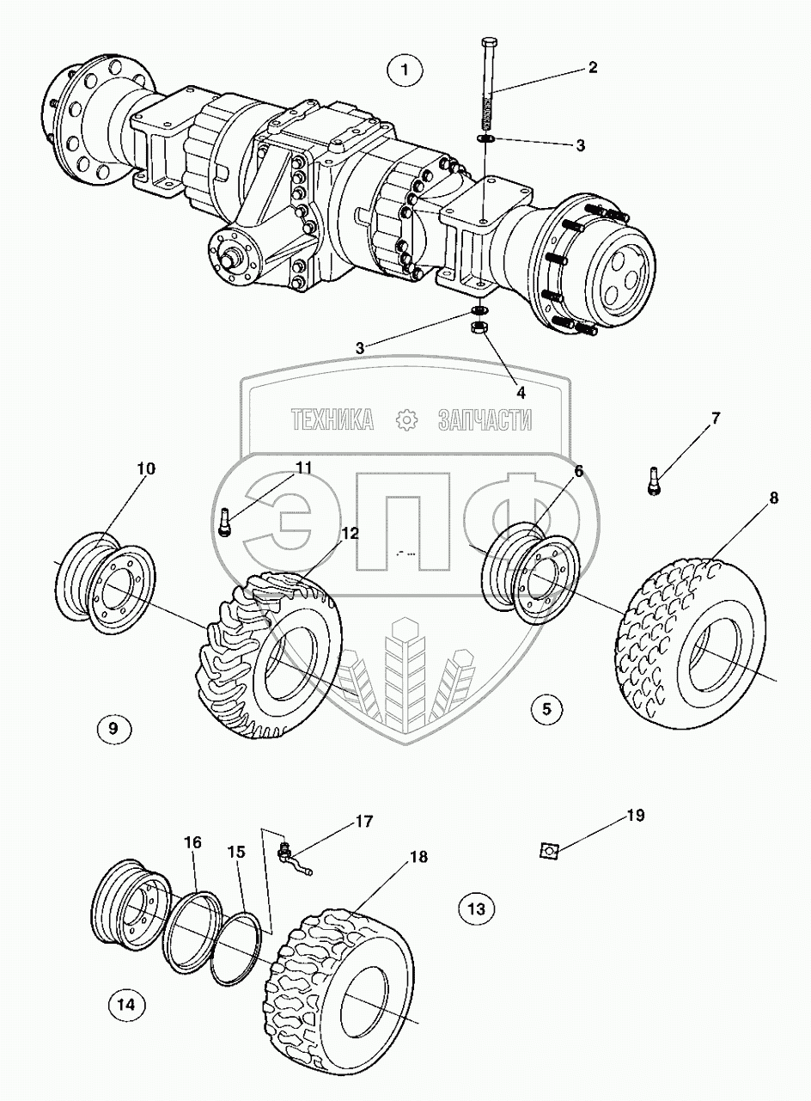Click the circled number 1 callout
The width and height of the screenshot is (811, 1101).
(x=405, y=70)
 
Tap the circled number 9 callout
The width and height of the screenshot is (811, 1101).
(x=114, y=729)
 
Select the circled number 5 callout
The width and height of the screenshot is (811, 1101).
(x=547, y=709)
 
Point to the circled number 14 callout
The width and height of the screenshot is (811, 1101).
(x=127, y=1003)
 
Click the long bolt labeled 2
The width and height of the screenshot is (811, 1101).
(x=487, y=82)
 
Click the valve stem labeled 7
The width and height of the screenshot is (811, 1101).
(x=654, y=479)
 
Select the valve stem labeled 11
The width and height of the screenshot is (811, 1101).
(x=225, y=522)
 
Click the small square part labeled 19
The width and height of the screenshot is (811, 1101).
(x=547, y=850)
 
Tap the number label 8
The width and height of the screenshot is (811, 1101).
(x=774, y=497)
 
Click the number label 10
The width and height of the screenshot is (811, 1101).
(x=146, y=468)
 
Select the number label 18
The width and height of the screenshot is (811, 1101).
(x=418, y=857)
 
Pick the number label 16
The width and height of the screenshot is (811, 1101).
(x=192, y=842)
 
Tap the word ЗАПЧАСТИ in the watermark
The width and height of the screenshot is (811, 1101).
(x=485, y=419)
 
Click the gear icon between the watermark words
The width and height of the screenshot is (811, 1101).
(x=405, y=419)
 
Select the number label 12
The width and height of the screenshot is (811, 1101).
(x=348, y=532)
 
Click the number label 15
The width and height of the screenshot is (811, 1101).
(x=236, y=852)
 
